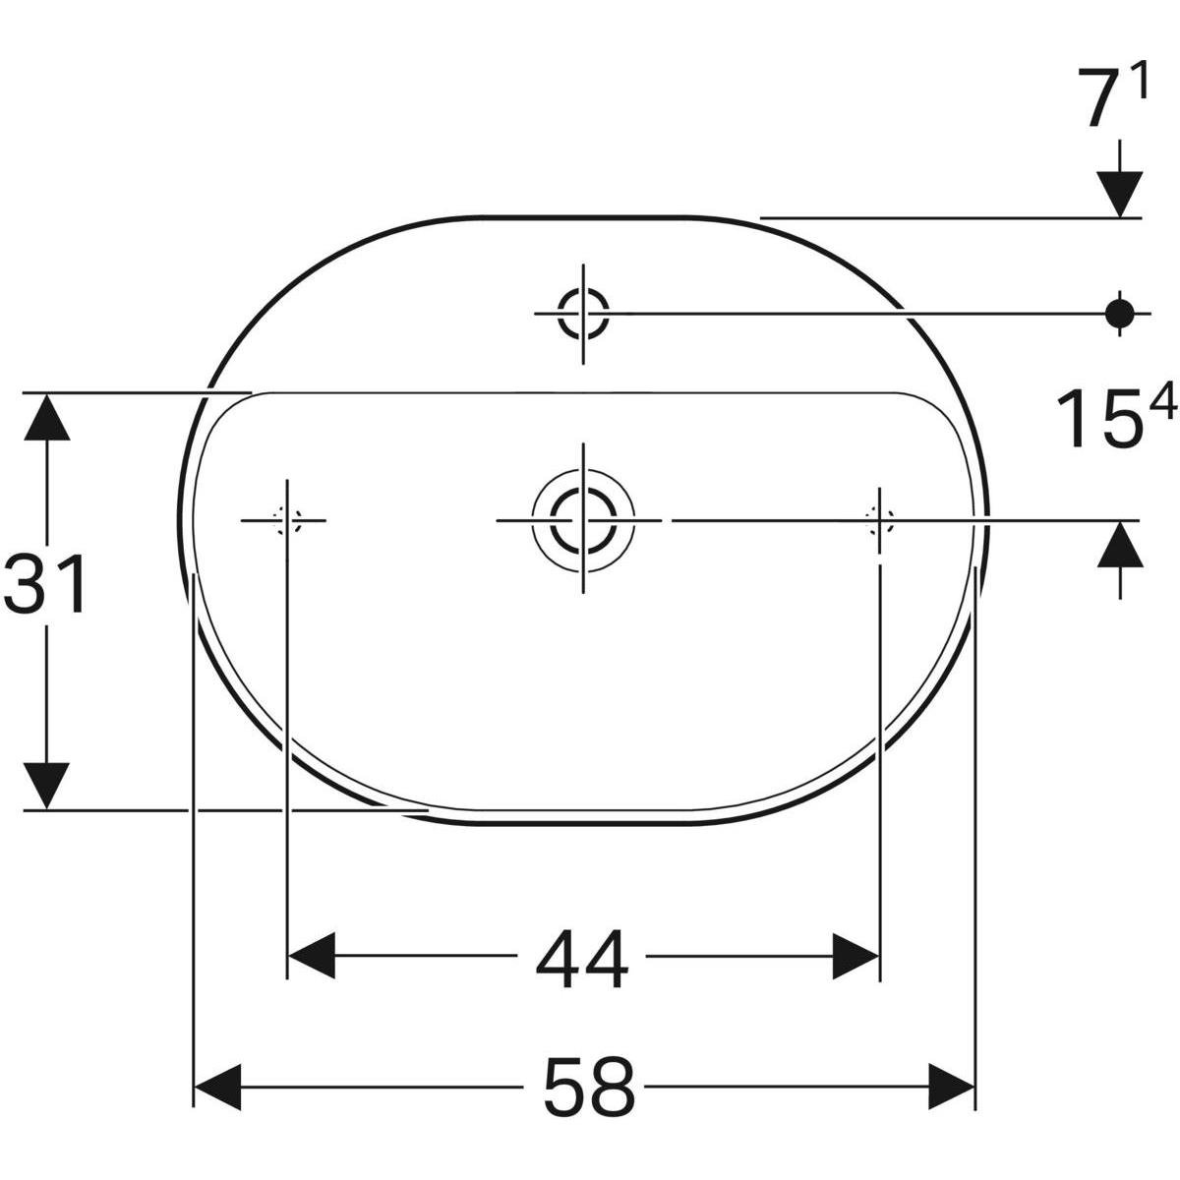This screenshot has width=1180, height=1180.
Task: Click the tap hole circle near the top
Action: [x=583, y=313]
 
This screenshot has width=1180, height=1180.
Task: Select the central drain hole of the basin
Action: [x=583, y=519]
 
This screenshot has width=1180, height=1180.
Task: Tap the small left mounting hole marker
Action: [x=287, y=519]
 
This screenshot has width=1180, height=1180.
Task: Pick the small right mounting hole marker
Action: [x=879, y=519]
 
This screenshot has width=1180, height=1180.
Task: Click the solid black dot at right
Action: [x=1119, y=313]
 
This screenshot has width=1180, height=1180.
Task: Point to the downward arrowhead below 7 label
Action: [x=1119, y=192]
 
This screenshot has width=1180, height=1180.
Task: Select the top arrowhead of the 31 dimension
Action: [x=46, y=418]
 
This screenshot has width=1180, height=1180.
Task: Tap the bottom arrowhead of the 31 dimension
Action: [x=46, y=785]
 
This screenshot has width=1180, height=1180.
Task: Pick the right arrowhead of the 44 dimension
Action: [x=855, y=956]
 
